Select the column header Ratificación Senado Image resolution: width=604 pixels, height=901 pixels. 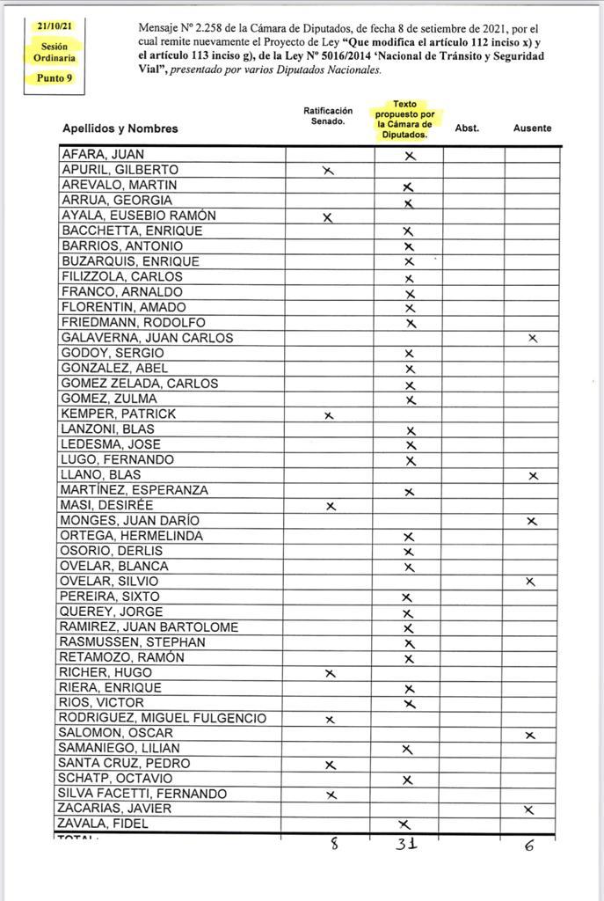pyautogui.click(x=328, y=116)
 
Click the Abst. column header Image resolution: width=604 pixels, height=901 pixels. pyautogui.click(x=467, y=128)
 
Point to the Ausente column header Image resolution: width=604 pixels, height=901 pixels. pyautogui.click(x=532, y=128)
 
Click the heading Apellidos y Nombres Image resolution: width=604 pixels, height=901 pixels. pyautogui.click(x=120, y=128)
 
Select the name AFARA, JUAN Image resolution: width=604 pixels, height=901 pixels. pyautogui.click(x=102, y=155)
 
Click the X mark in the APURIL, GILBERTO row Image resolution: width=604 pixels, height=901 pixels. pyautogui.click(x=328, y=171)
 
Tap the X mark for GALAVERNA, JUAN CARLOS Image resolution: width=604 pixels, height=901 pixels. pyautogui.click(x=532, y=338)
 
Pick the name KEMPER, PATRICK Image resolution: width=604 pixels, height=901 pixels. pyautogui.click(x=118, y=414)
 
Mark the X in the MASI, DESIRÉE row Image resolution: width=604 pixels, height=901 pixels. pyautogui.click(x=331, y=506)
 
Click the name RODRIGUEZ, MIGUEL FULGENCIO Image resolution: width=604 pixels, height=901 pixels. pyautogui.click(x=162, y=718)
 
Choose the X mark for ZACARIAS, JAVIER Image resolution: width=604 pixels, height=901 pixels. pyautogui.click(x=528, y=809)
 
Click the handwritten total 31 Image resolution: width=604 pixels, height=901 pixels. pyautogui.click(x=405, y=844)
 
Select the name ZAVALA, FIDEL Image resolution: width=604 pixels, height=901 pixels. pyautogui.click(x=103, y=824)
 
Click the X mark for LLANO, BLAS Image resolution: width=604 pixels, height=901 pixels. pyautogui.click(x=532, y=475)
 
